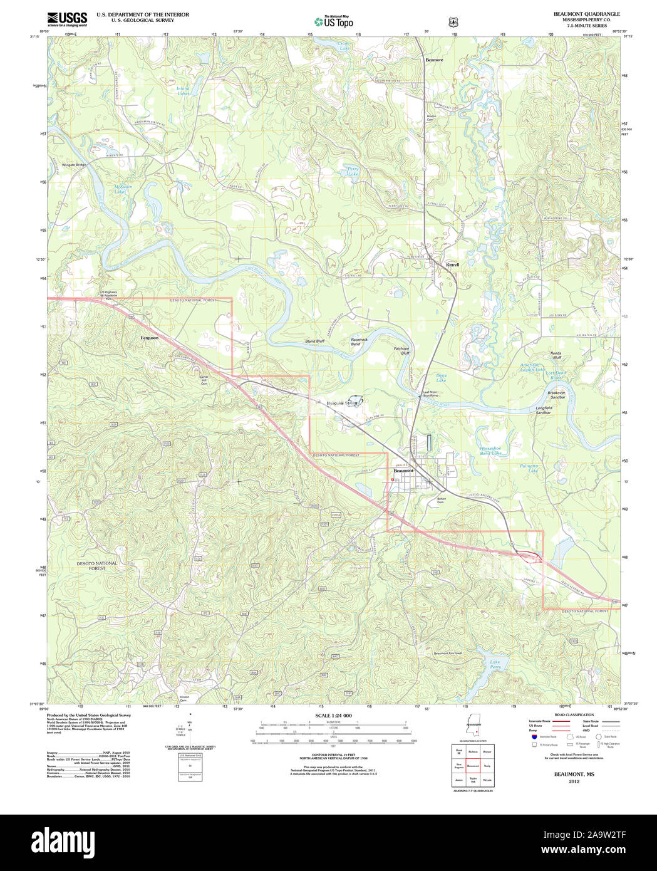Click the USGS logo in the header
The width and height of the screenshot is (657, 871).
[67, 19]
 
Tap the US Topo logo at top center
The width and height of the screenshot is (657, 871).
[333, 21]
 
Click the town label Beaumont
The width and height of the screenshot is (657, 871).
[403, 471]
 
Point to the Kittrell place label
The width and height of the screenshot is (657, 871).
[452, 265]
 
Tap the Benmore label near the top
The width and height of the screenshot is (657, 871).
[434, 60]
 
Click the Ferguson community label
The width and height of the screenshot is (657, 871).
[149, 338]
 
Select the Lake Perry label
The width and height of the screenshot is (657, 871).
[495, 664]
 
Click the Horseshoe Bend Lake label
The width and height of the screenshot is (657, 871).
[490, 451]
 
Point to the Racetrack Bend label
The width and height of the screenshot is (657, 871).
[359, 342]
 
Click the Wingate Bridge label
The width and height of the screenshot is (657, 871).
[74, 165]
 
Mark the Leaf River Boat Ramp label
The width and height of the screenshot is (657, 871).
[430, 394]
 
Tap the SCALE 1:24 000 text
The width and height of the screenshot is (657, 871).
[333, 716]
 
